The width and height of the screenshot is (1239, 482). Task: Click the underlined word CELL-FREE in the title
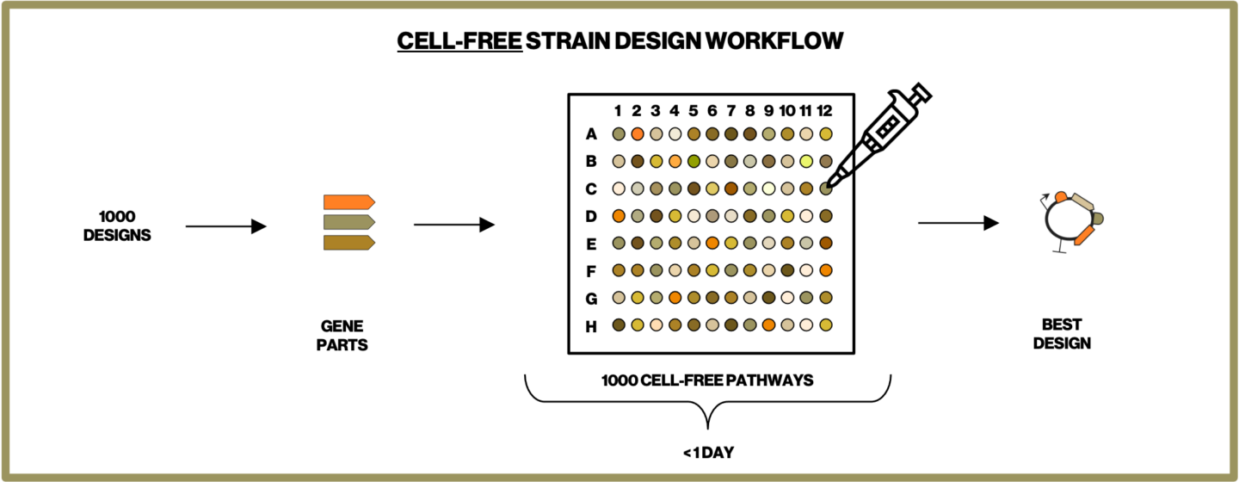pyautogui.click(x=459, y=41)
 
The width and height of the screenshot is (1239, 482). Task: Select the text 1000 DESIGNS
pyautogui.click(x=117, y=226)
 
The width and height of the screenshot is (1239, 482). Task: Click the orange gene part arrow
pyautogui.click(x=348, y=202)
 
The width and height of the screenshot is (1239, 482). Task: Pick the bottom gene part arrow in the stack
pyautogui.click(x=348, y=243)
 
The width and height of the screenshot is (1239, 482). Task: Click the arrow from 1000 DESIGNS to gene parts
pyautogui.click(x=225, y=226)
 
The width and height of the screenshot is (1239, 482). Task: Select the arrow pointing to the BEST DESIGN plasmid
pyautogui.click(x=958, y=224)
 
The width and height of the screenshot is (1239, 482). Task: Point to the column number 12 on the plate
pyautogui.click(x=825, y=110)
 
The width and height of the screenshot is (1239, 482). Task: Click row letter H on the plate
pyautogui.click(x=591, y=325)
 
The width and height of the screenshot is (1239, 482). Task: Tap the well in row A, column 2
pyautogui.click(x=637, y=134)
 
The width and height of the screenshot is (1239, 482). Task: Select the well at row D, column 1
pyautogui.click(x=618, y=216)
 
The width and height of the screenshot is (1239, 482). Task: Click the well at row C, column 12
pyautogui.click(x=826, y=188)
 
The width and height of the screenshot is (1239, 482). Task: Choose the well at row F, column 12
pyautogui.click(x=826, y=270)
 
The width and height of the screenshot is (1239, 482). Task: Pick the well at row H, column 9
pyautogui.click(x=768, y=325)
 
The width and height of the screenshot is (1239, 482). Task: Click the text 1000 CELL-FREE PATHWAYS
pyautogui.click(x=707, y=380)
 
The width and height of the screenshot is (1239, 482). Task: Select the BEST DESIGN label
pyautogui.click(x=1063, y=334)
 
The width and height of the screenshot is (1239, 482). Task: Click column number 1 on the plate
pyautogui.click(x=618, y=110)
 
